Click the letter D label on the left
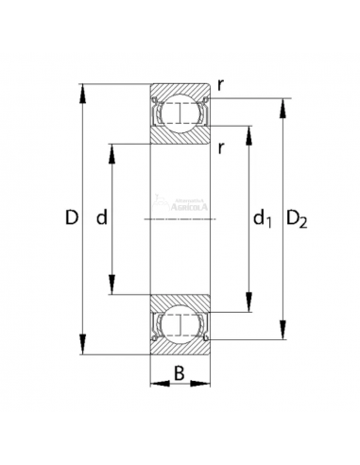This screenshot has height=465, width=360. [71, 219]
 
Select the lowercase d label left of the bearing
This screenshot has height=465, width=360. [101, 219]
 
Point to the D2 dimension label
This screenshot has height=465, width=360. [297, 221]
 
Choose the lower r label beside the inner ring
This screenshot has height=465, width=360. [219, 146]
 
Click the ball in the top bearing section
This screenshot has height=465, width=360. [180, 114]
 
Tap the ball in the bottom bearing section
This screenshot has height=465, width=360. [180, 325]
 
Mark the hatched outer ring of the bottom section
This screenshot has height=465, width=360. [180, 349]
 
